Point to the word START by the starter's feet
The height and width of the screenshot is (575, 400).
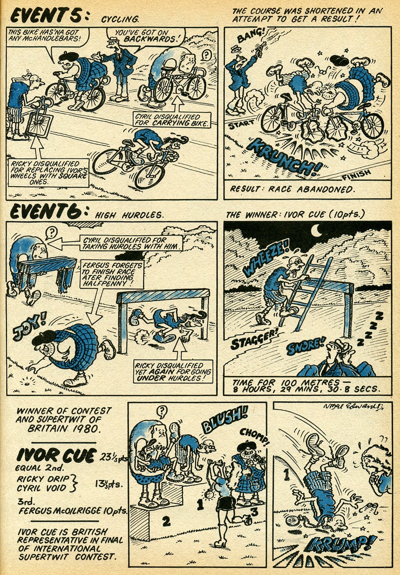click(x=241, y=124)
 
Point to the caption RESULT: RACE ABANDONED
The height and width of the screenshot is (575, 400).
click(x=291, y=189)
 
